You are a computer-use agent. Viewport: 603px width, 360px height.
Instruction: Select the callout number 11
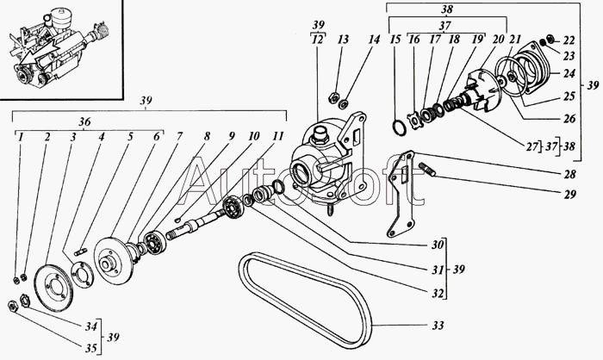[277, 137]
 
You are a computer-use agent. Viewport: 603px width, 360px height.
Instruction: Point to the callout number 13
[344, 40]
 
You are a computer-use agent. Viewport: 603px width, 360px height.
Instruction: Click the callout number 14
[373, 40]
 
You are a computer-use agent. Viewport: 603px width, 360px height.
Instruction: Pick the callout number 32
[438, 293]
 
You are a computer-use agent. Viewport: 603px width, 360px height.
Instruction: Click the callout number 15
[395, 40]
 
